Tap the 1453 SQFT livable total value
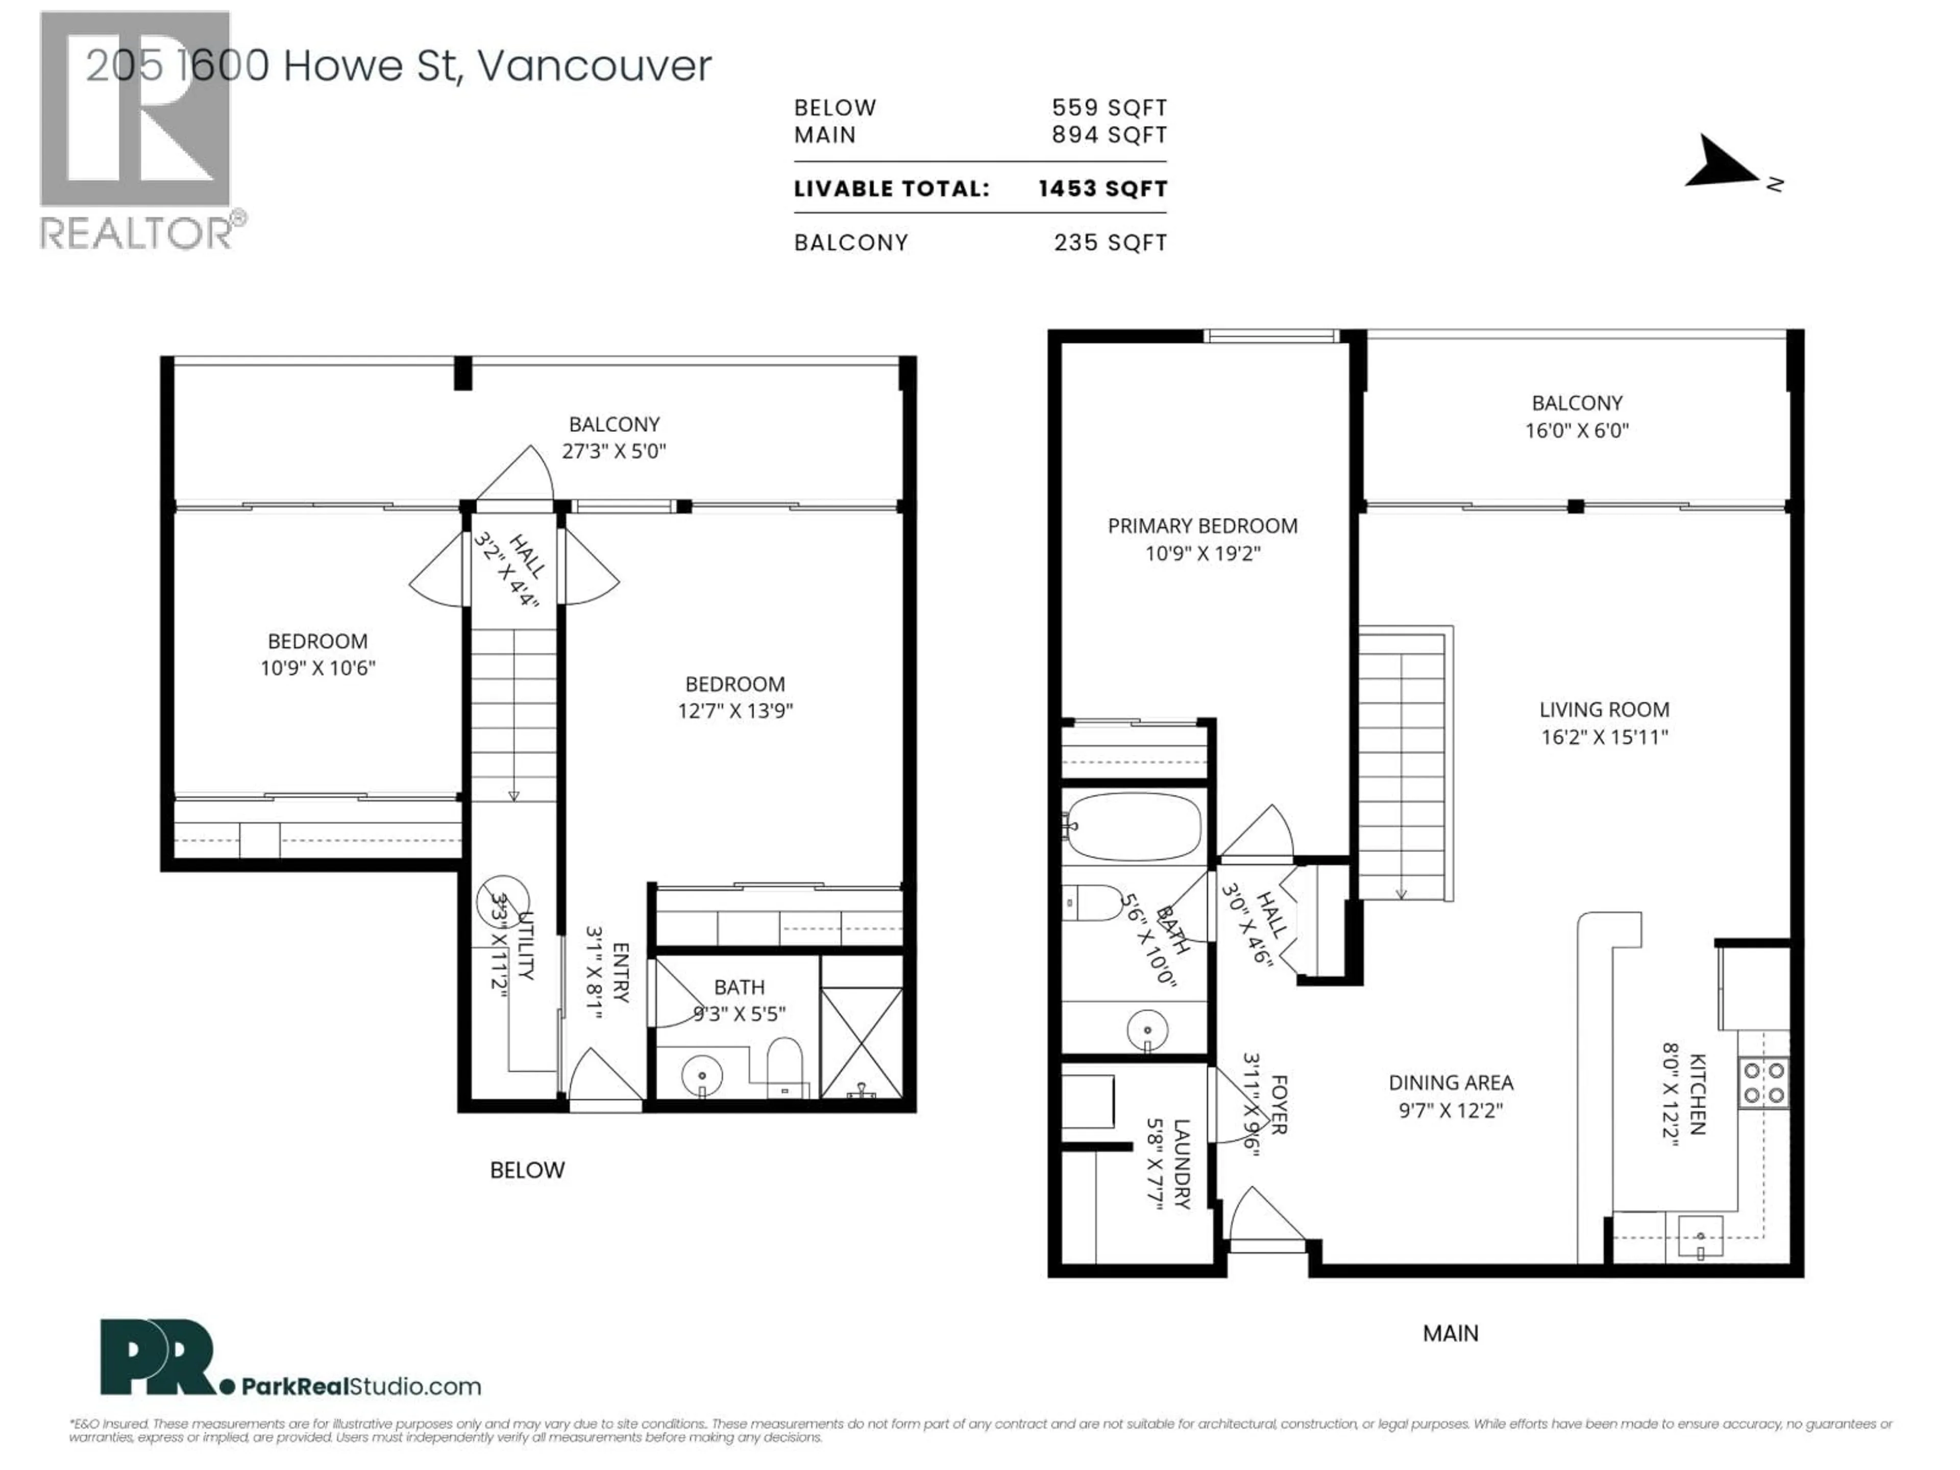[1102, 189]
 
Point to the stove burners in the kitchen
[1764, 1083]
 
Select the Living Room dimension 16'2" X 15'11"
[1604, 737]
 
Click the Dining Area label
[1451, 1083]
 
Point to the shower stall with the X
[861, 1043]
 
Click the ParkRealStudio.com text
[361, 1387]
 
